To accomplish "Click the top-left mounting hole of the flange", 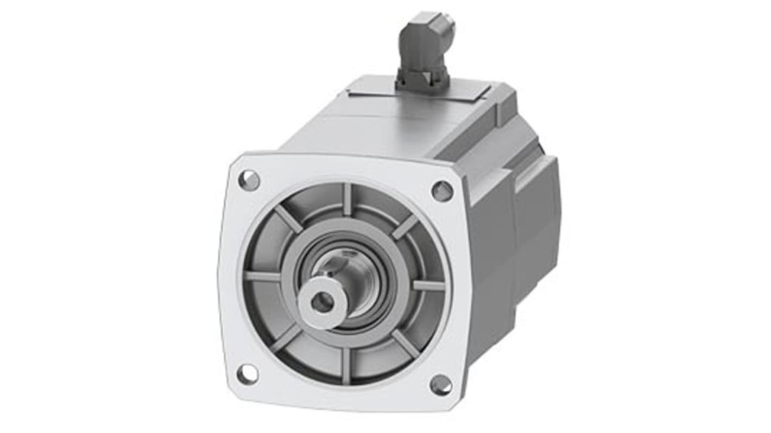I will pos(249,180).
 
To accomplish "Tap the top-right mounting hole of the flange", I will pos(442,191).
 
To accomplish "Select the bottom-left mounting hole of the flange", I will pos(248,374).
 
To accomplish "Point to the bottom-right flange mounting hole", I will pos(440,385).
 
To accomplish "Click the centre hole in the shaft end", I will pos(323,302).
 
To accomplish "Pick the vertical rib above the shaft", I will pos(347,199).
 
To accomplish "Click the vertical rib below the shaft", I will pos(346,365).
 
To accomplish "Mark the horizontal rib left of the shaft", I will pos(262,276).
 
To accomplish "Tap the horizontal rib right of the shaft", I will pos(428,285).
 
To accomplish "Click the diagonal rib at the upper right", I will pos(405,226).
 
